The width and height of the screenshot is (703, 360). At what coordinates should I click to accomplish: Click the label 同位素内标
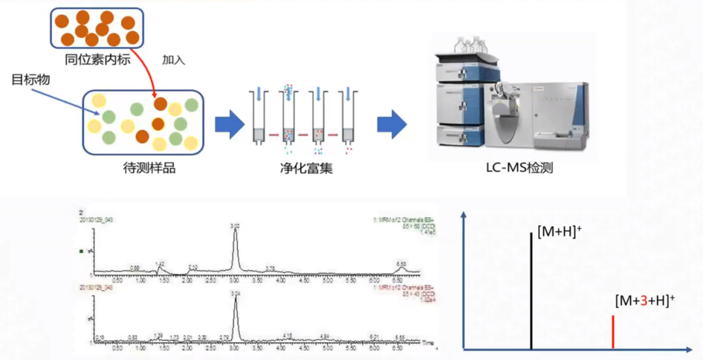coord(98,60)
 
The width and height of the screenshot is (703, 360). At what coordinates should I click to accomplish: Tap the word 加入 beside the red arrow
coord(174,60)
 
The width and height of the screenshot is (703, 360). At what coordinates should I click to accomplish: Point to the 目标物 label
coord(31,80)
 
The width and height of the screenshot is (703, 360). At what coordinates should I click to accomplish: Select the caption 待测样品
coord(149,168)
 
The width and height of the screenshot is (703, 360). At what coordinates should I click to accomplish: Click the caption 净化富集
coord(301,168)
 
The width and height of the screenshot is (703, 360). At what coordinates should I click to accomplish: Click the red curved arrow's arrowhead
coord(156,98)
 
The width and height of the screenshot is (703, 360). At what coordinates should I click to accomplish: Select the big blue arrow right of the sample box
coord(228,124)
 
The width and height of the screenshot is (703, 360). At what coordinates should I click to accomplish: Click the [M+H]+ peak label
coord(559,230)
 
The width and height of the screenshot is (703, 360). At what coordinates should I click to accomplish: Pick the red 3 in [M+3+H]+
coord(642,301)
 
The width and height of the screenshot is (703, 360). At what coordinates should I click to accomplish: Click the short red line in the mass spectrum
coord(613,332)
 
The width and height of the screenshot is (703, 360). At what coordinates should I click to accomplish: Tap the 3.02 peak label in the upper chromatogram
coord(235,226)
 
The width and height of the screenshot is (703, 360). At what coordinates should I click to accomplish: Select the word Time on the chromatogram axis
coord(427,342)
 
